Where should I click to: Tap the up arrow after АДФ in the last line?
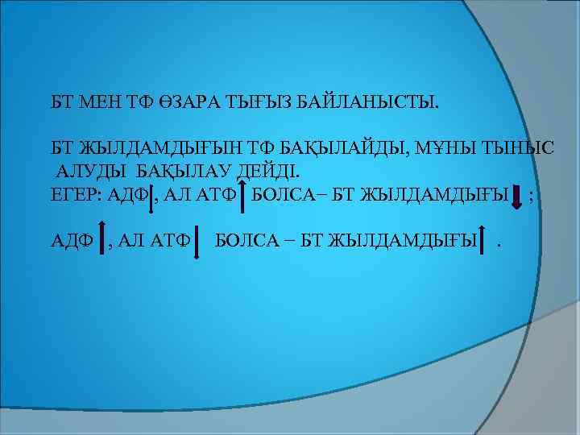pos(100,241)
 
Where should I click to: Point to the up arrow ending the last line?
pos(483,241)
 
